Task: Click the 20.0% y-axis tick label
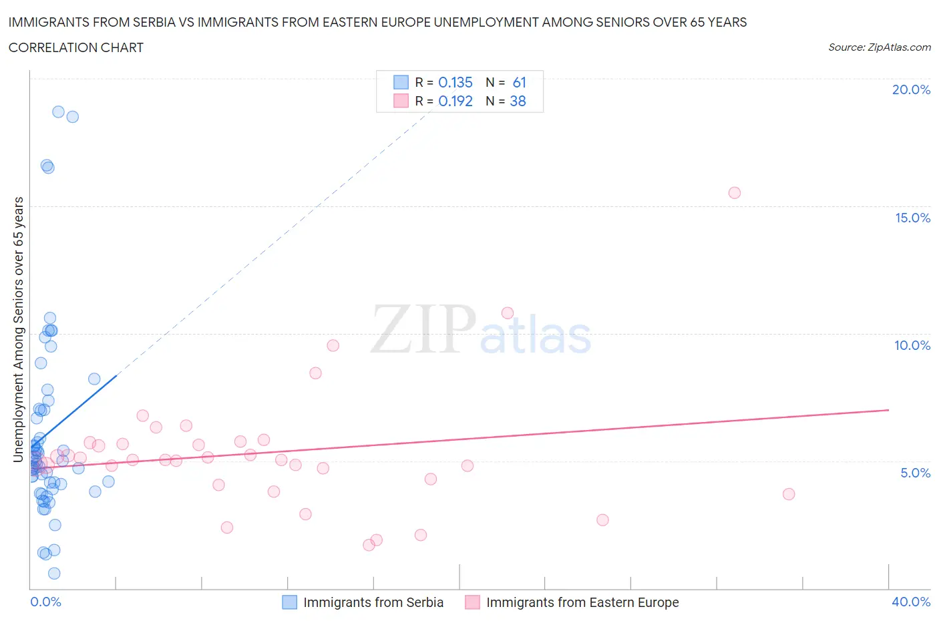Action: tap(911, 89)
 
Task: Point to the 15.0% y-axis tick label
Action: tap(912, 218)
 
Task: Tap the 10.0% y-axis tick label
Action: tap(912, 345)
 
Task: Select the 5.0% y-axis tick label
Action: tap(915, 473)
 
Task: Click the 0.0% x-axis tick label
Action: tap(45, 602)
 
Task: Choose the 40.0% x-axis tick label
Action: tap(911, 602)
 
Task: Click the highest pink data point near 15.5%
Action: tap(735, 193)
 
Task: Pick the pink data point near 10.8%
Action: tap(508, 313)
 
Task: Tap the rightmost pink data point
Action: tap(789, 494)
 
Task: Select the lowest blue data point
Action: tap(54, 574)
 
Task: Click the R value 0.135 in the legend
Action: tap(455, 82)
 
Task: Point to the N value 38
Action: tap(518, 101)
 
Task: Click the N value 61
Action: tap(519, 82)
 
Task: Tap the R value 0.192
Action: tap(455, 101)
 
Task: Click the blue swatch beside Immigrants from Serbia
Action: tap(289, 602)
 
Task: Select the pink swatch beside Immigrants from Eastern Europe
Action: tap(472, 602)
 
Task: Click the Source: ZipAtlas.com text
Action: tap(879, 47)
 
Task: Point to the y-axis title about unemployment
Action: tap(19, 329)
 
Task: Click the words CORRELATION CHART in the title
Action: tap(76, 47)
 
